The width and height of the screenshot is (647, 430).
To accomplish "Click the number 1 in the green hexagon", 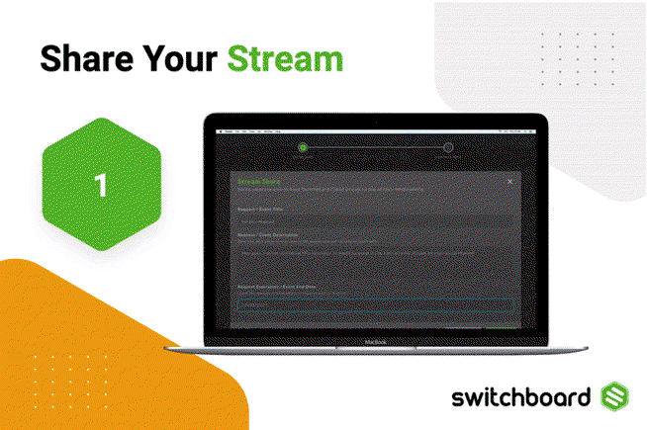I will (x=101, y=184).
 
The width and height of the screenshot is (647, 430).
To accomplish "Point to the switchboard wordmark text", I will (x=520, y=398).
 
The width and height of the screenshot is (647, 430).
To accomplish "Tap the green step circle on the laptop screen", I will (x=303, y=148).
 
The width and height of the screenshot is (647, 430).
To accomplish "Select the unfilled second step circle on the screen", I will (x=447, y=148).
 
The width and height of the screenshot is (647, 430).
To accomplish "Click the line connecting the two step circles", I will (x=375, y=148).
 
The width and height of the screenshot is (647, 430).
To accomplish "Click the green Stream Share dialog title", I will (x=258, y=181).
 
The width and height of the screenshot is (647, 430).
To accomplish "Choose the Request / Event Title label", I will (x=260, y=209).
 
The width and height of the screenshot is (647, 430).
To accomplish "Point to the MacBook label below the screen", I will (x=374, y=339).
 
